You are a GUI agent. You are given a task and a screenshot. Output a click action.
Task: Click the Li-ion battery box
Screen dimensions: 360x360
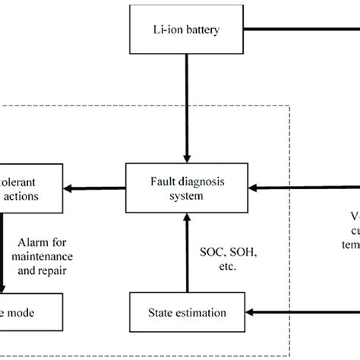[186, 30]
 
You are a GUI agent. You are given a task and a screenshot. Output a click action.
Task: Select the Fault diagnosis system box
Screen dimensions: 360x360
[186, 188]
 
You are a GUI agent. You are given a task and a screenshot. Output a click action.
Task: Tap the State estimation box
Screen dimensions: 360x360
[186, 311]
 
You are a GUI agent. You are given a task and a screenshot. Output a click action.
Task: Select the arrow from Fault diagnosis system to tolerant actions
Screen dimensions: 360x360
[95, 188]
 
